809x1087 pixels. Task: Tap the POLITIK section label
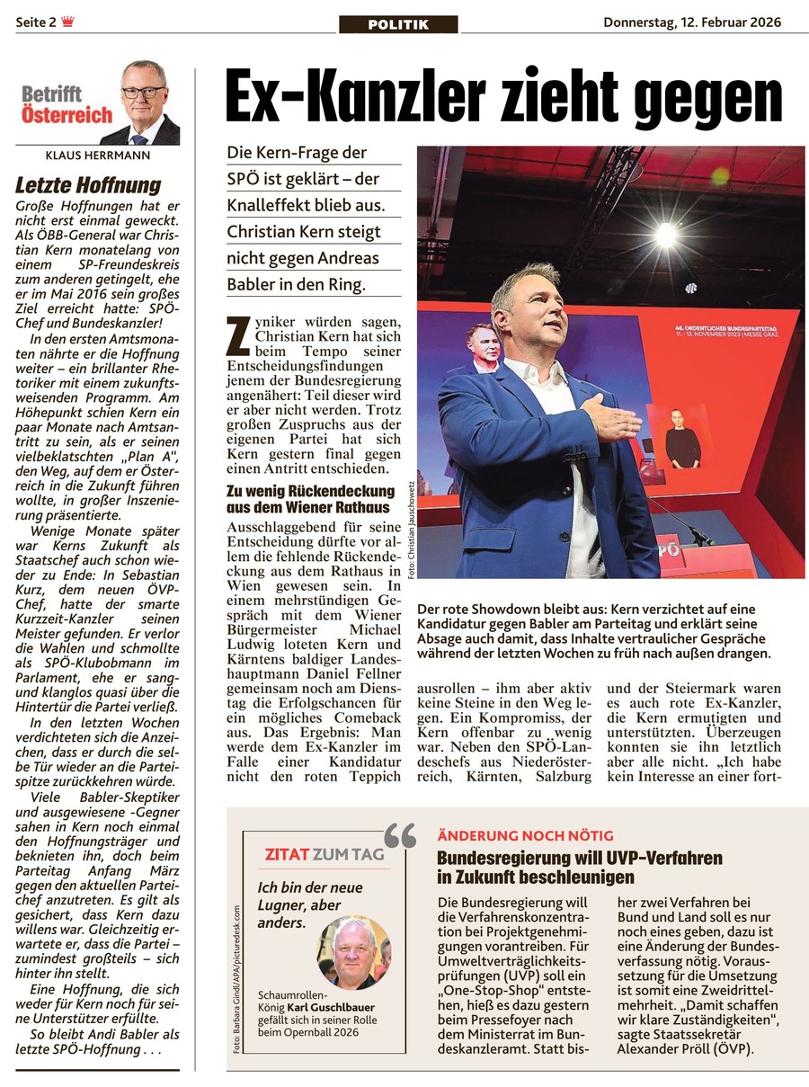point(398,24)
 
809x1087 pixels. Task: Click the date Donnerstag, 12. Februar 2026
point(692,22)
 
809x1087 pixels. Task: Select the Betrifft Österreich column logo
point(67,105)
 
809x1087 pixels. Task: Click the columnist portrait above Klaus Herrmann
point(143,103)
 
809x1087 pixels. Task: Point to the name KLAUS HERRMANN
point(98,156)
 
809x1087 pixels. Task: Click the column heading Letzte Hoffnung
point(88,186)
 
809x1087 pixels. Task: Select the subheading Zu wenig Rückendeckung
point(310,491)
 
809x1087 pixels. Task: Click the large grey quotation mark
point(400,836)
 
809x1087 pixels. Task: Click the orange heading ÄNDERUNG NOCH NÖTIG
point(525,836)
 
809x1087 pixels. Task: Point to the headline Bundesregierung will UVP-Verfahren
point(579,860)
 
